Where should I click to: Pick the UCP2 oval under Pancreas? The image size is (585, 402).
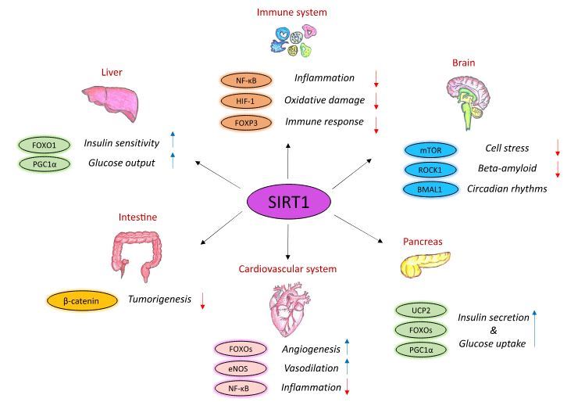point(422,311)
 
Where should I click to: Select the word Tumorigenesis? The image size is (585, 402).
point(159,299)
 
